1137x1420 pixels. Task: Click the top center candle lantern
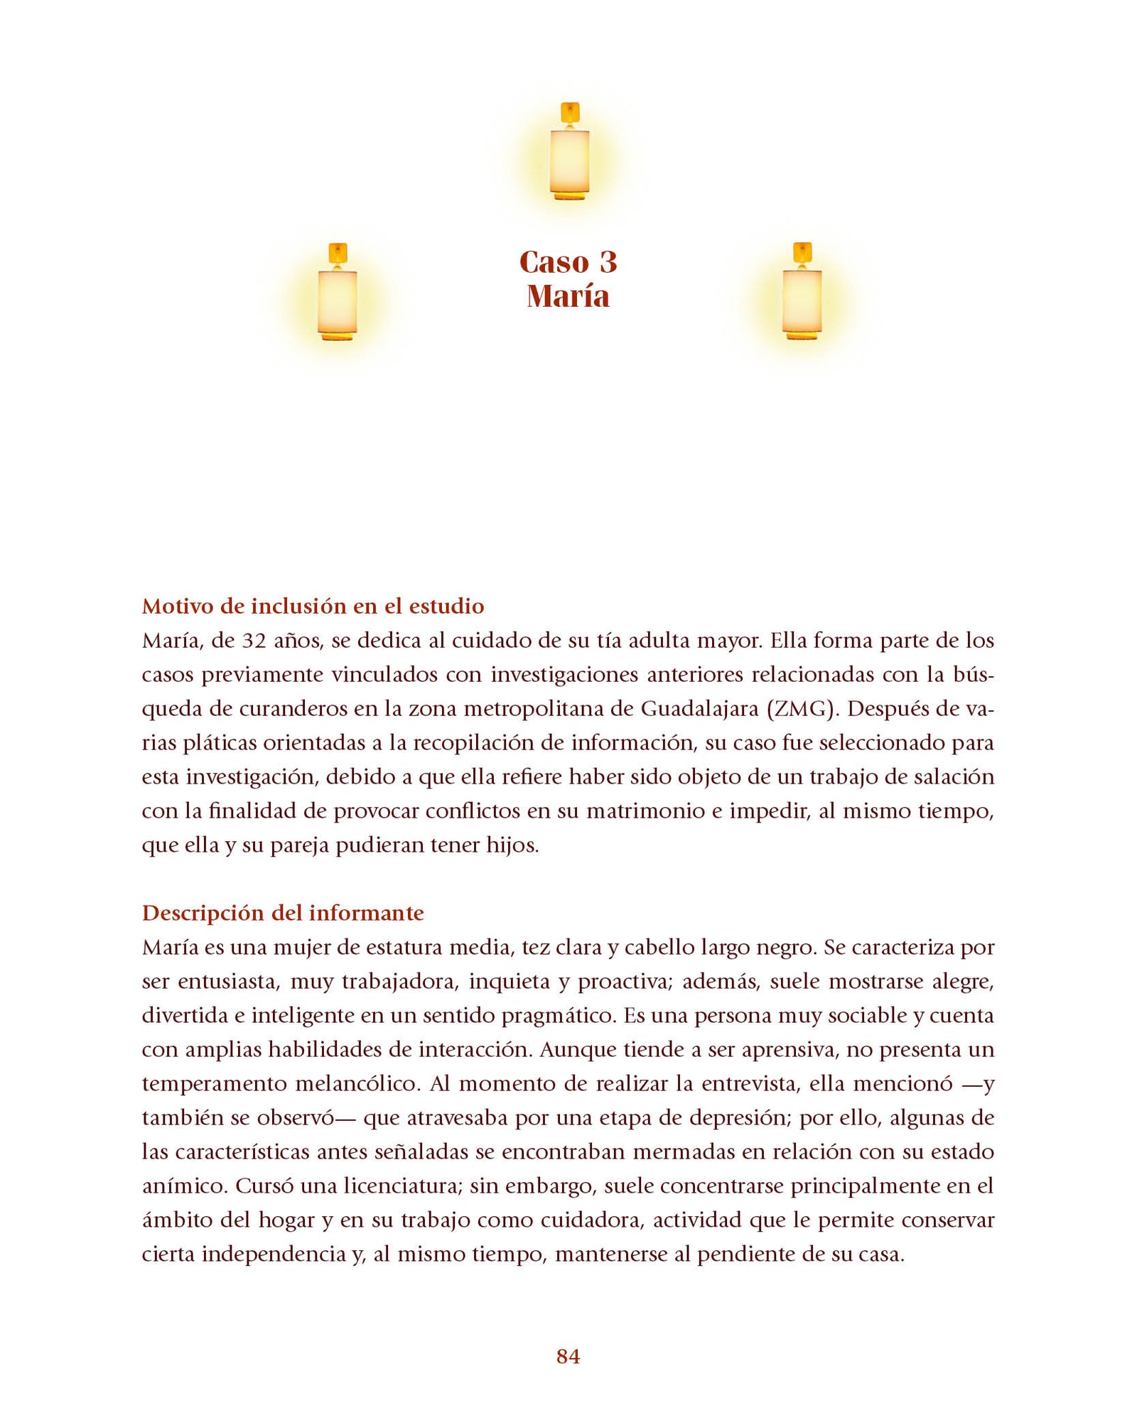coord(569,152)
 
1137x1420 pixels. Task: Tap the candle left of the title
coord(338,292)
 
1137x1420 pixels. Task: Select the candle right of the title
coord(802,292)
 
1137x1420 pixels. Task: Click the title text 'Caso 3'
coord(568,262)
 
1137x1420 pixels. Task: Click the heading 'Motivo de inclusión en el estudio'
coord(313,606)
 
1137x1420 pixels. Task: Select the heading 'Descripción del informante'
coord(283,913)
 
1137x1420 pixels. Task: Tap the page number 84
coord(568,1356)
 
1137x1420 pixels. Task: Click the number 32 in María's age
coord(254,641)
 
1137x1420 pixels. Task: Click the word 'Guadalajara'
coord(699,709)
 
